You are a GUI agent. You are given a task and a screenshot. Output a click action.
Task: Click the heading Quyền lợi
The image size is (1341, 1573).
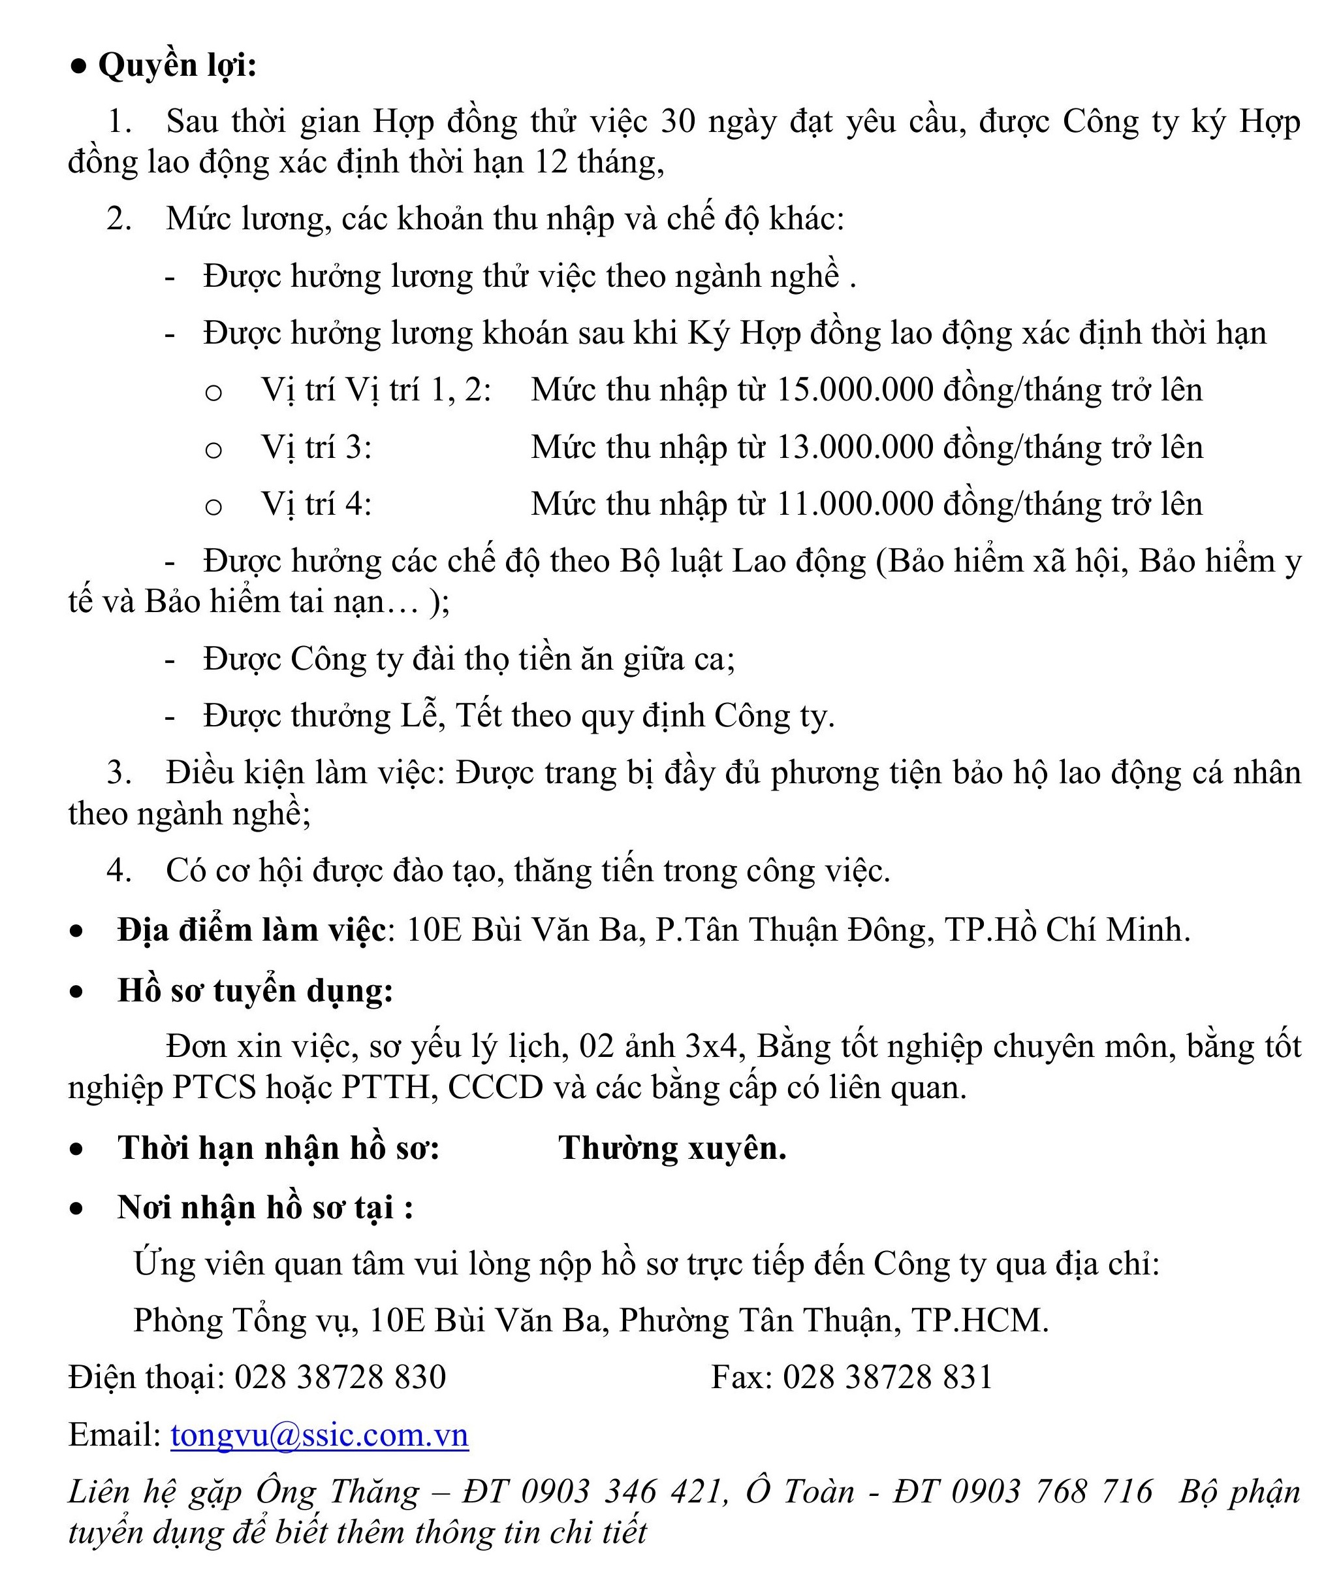[x=176, y=65]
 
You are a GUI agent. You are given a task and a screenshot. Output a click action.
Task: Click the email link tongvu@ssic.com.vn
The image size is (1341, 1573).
[x=319, y=1435]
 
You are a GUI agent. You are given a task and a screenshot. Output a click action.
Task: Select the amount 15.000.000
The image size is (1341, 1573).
[x=855, y=390]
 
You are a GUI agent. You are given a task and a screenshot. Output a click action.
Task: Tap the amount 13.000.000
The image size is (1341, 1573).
[x=855, y=447]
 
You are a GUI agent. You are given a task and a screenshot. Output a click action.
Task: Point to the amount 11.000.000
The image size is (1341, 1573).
[x=855, y=504]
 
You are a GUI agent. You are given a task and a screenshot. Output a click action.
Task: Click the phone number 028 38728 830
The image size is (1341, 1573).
[x=340, y=1377]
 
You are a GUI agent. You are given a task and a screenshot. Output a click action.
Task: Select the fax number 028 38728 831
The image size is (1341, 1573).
[x=887, y=1377]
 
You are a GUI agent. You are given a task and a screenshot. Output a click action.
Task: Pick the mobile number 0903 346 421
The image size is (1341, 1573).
[x=620, y=1492]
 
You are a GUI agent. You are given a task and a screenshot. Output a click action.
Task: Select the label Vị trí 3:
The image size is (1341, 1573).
[x=317, y=447]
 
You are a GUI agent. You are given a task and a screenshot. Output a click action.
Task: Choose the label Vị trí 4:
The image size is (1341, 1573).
[x=317, y=504]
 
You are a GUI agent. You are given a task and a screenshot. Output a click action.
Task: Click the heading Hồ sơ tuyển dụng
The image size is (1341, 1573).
[x=255, y=991]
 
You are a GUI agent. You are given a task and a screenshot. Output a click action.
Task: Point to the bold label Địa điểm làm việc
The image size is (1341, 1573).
[x=251, y=930]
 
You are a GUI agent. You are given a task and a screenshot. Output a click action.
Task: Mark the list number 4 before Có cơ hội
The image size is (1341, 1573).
[x=118, y=870]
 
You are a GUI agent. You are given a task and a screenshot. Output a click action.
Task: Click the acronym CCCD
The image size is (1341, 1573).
[x=496, y=1088]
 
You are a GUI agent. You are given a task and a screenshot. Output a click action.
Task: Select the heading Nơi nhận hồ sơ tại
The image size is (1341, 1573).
[x=265, y=1207]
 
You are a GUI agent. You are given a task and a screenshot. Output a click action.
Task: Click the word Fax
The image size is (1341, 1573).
[x=738, y=1377]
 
